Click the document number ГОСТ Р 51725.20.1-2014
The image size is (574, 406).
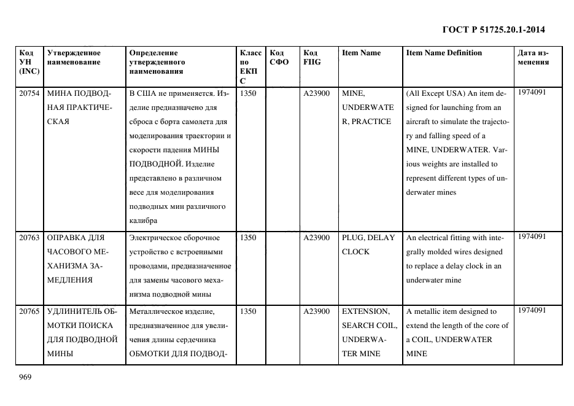point(494,29)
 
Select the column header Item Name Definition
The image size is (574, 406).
point(444,53)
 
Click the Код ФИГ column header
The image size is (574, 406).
point(311,57)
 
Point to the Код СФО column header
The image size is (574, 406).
point(279,57)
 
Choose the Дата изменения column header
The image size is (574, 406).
point(533,57)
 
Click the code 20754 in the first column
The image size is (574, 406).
point(29,93)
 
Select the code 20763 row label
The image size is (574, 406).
point(29,238)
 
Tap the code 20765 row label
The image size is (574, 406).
point(29,311)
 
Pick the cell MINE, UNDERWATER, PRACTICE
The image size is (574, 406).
point(367,107)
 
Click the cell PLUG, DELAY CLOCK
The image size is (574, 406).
point(368,244)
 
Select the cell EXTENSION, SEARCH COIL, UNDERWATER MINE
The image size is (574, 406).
point(369,332)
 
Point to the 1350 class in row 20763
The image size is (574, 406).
point(248,238)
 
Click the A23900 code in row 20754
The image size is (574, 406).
point(316,93)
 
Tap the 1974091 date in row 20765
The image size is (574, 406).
point(532,310)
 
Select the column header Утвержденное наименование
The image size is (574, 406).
point(74,57)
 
